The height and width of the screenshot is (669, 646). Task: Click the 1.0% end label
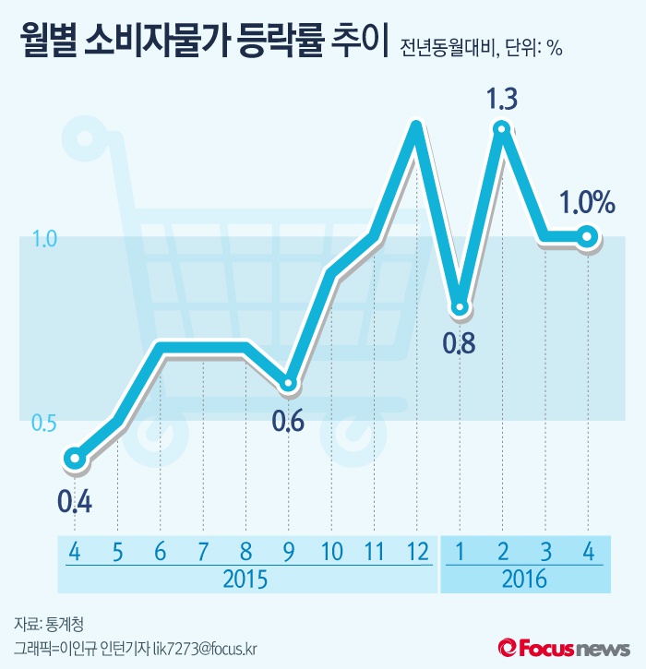pos(586,202)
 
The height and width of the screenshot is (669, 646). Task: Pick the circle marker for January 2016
pos(460,305)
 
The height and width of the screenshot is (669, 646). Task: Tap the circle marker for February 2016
pos(502,128)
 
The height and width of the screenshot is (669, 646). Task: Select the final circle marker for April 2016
pos(587,237)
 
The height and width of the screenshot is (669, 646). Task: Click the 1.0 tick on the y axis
pos(44,239)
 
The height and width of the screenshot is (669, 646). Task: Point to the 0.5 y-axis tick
pos(44,422)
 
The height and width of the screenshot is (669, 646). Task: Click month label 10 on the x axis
pos(331,551)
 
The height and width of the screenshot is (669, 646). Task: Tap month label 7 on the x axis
pos(203,551)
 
